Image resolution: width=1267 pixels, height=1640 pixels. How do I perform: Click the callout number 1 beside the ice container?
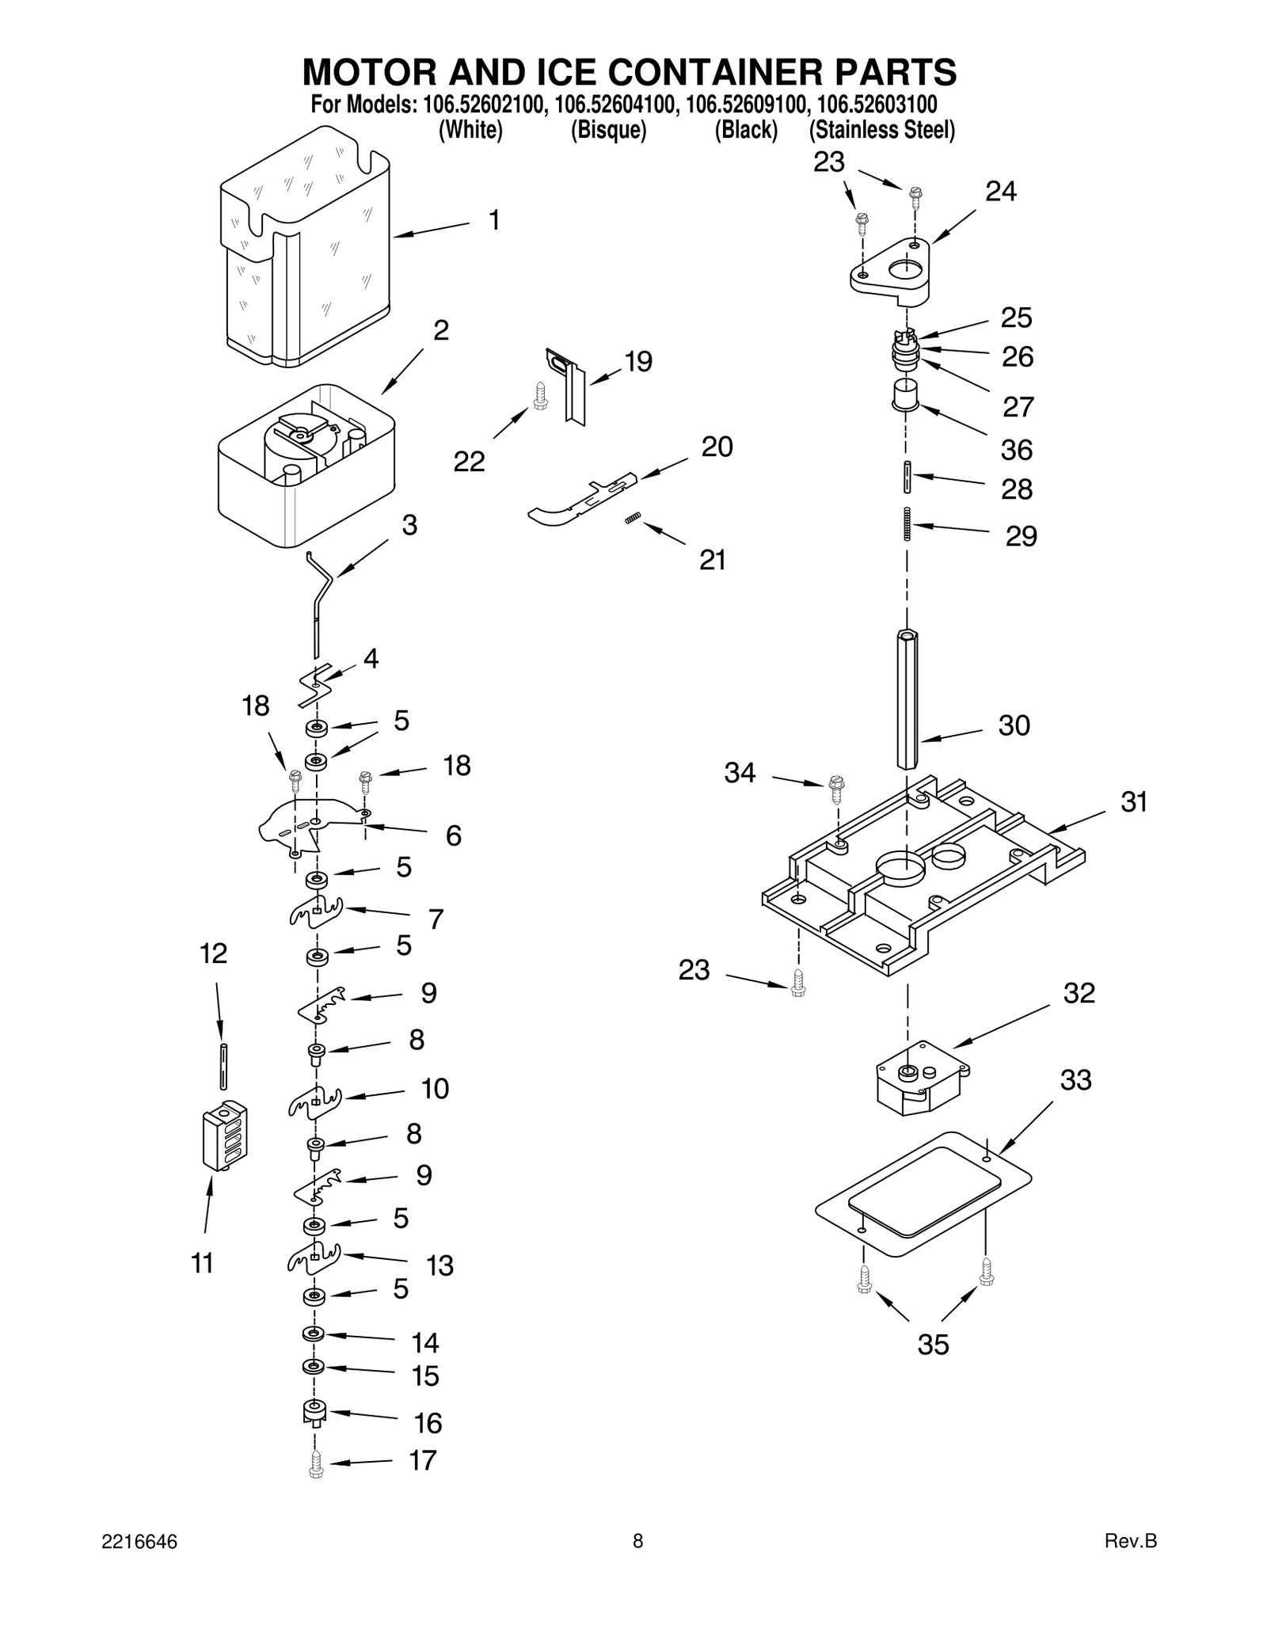tap(494, 220)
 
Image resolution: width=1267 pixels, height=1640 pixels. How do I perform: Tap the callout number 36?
tap(1017, 450)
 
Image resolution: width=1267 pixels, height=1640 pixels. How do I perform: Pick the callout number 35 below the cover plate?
tap(933, 1345)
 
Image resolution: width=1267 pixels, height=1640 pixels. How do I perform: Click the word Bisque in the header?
tap(608, 130)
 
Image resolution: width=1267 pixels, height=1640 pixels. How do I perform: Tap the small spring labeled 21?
tap(633, 519)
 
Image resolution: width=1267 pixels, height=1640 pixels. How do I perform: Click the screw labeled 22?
tap(541, 396)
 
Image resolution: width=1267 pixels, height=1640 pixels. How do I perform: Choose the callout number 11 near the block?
tap(203, 1263)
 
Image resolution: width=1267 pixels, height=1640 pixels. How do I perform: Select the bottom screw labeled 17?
tap(316, 1467)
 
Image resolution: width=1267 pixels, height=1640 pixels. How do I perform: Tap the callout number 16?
tap(428, 1423)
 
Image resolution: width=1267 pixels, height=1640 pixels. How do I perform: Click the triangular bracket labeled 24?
tap(890, 273)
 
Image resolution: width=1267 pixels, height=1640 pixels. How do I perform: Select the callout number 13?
tap(439, 1266)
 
